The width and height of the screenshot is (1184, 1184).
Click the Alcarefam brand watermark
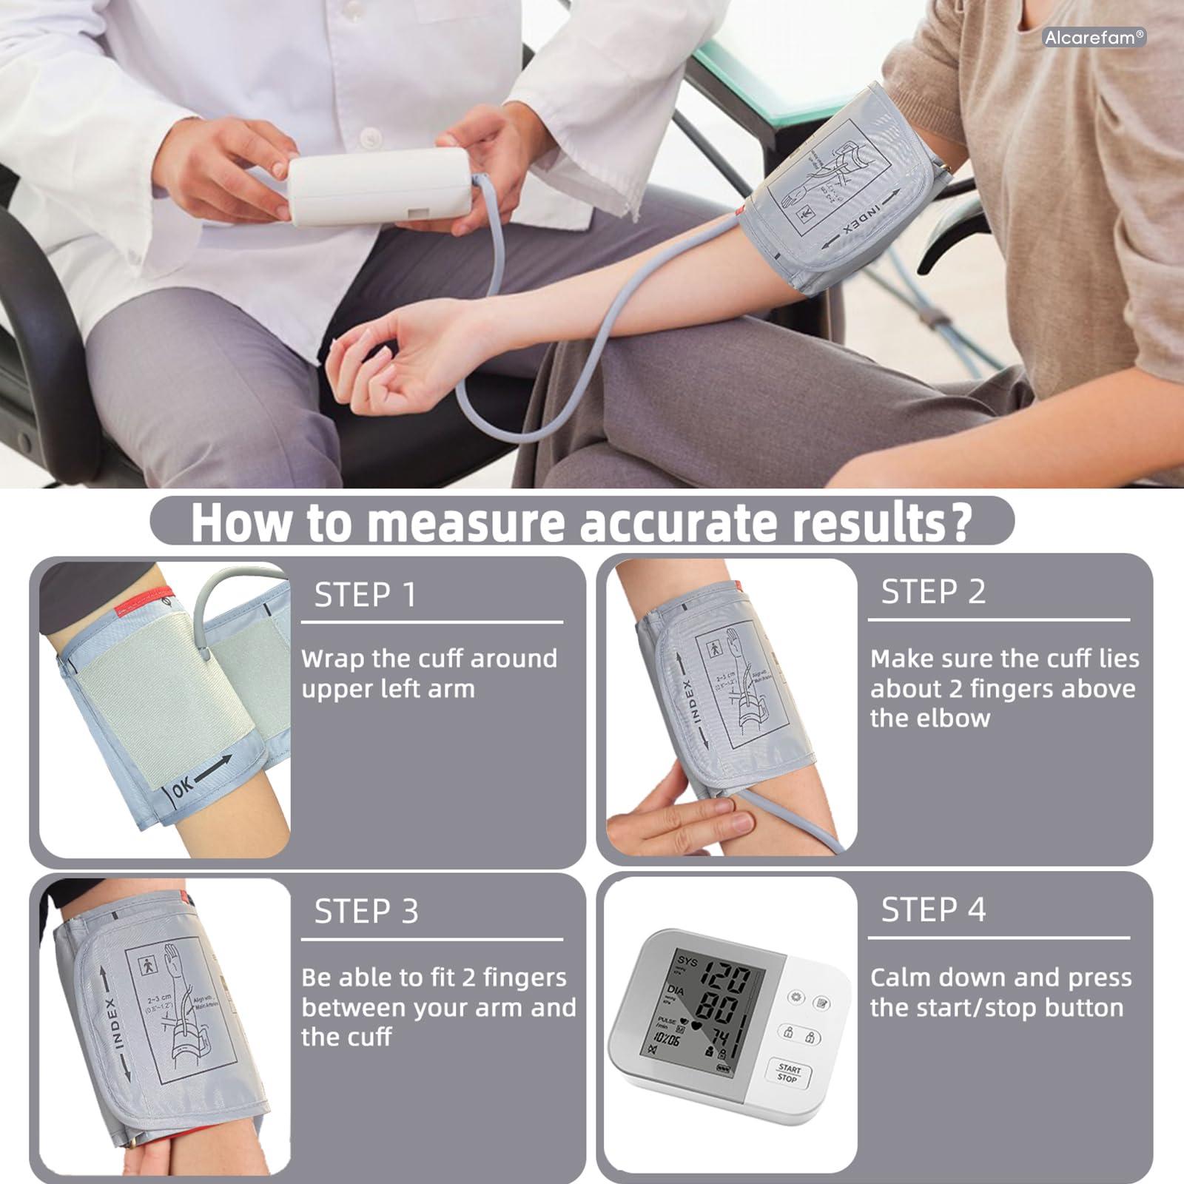point(1094,37)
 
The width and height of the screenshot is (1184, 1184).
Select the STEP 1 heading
point(366,595)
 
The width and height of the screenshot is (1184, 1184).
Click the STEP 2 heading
point(933,592)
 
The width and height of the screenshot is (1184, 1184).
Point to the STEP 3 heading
point(366,912)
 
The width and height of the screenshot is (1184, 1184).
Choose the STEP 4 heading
point(933,910)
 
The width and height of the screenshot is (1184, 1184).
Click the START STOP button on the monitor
point(788,1073)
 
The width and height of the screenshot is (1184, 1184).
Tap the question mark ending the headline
point(958,522)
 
